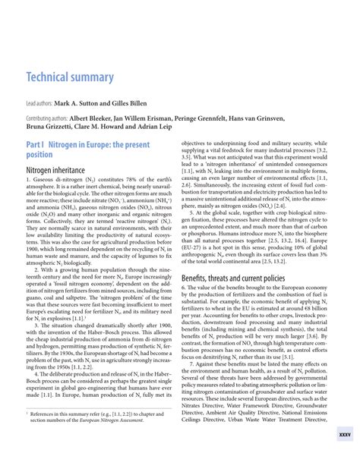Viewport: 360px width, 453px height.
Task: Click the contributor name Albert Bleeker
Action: point(94,119)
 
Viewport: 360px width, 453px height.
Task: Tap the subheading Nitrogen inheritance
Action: point(55,170)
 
